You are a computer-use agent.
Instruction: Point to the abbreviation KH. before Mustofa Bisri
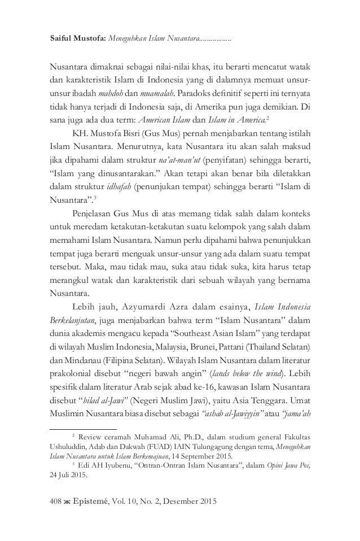[x=79, y=136]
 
